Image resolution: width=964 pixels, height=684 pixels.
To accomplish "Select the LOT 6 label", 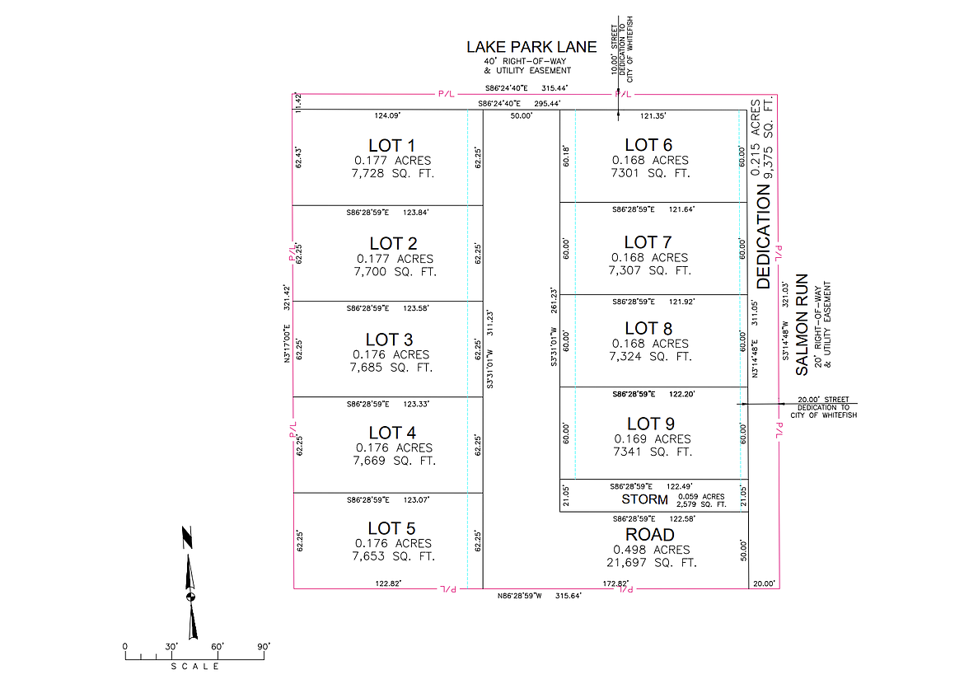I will [648, 146].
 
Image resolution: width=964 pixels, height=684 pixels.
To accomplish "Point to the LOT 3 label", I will [390, 340].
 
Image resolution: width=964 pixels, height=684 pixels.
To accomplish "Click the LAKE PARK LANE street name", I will [531, 47].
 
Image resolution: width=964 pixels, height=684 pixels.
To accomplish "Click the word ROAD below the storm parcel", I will [650, 535].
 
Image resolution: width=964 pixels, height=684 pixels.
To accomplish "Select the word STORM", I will [644, 499].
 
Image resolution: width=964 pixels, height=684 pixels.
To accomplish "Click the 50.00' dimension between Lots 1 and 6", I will [521, 116].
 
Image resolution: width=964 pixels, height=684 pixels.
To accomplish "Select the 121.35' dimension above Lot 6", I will [653, 116].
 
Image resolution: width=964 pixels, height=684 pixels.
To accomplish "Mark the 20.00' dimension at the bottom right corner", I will [764, 583].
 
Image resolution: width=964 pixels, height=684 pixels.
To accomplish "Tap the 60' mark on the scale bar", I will [218, 647].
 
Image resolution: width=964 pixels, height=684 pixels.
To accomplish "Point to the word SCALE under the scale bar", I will [195, 667].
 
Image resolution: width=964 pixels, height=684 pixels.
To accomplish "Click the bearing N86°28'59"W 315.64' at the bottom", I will [540, 596].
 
